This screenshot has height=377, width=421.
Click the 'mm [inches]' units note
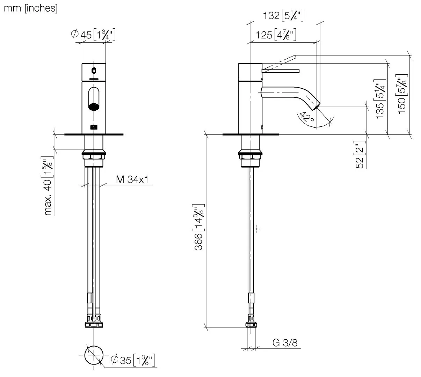pos(30,8)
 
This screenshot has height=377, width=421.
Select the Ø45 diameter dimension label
pos(93,35)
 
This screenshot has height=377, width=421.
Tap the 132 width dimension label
pos(283,15)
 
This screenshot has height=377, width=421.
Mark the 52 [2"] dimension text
pos(360,155)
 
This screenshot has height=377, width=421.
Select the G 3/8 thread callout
pos(285,343)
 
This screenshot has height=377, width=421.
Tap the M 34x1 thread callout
pos(132,180)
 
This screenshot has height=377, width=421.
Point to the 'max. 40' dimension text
pos(48,185)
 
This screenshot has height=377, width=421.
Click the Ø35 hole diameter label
pos(132,360)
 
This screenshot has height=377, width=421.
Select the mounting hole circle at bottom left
pos(94,355)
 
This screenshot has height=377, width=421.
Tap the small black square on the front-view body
pos(94,127)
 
